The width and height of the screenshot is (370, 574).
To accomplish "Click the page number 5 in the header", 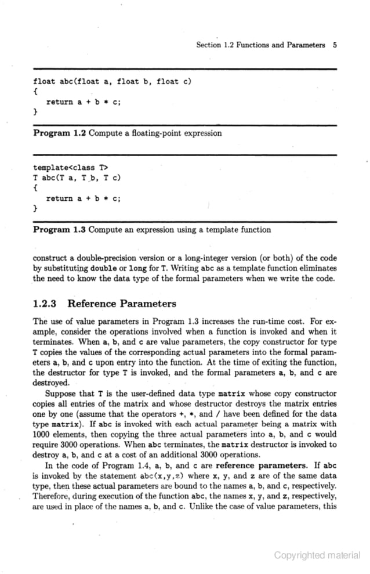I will coord(335,45).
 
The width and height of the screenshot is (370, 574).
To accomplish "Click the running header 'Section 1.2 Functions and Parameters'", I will coord(260,45).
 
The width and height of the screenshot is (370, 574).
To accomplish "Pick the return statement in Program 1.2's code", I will coord(84,102).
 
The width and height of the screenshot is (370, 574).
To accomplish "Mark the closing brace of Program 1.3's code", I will coord(35,208).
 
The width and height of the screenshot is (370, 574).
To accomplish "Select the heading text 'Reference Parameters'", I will coord(122,303).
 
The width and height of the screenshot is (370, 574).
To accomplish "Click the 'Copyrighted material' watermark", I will coord(317,555).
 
